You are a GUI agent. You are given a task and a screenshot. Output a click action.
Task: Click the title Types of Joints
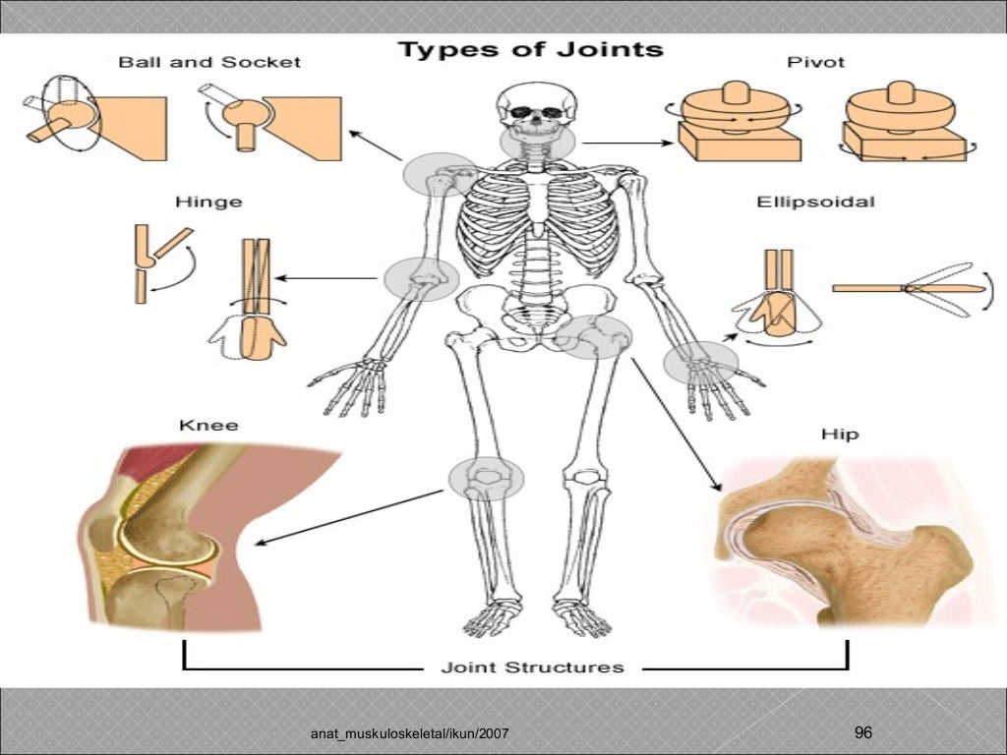pos(530,50)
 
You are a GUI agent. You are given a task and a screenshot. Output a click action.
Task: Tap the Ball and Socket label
pos(209,62)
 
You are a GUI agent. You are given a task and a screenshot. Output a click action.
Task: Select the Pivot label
pos(815,62)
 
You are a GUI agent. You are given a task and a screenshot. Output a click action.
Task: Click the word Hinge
pos(208,203)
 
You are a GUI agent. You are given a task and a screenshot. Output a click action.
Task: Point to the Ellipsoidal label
pos(815,203)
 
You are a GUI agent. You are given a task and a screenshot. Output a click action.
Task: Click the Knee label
pos(208,426)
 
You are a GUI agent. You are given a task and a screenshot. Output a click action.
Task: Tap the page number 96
pos(863,732)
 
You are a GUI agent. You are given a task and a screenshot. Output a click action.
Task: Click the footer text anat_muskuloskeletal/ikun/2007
pos(409,735)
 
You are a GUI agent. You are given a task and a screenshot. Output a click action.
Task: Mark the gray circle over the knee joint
pos(486,478)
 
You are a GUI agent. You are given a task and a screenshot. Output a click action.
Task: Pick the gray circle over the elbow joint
pos(421,277)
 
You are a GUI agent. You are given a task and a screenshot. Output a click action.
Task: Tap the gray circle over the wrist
pos(700,363)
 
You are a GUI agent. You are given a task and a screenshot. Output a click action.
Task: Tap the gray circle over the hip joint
pos(593,336)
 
